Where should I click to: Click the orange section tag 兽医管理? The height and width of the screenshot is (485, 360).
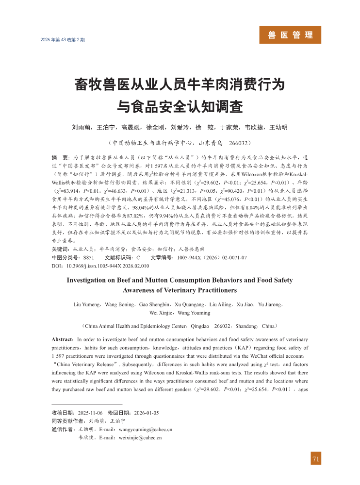[290, 35]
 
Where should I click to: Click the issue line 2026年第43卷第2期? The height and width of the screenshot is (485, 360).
[63, 39]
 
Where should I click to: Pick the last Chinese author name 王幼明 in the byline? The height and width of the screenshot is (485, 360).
[278, 128]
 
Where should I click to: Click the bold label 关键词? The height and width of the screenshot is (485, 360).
[60, 249]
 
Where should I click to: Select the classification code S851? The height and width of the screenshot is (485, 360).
[89, 257]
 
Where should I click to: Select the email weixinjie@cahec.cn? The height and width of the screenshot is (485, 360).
[140, 437]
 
